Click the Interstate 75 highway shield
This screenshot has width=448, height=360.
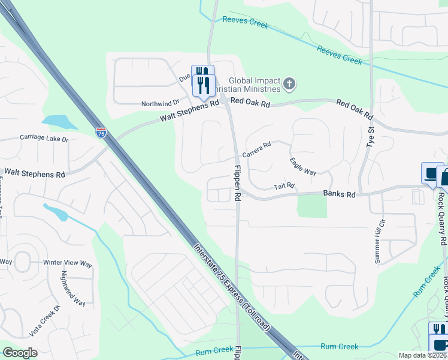click(x=101, y=133)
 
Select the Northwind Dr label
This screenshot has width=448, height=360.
click(x=160, y=104)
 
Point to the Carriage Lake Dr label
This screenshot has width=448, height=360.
click(x=44, y=139)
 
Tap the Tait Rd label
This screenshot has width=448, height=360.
click(x=284, y=186)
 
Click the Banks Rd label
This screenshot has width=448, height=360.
click(x=339, y=194)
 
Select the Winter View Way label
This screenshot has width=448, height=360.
click(x=68, y=263)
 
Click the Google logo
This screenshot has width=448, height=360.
click(x=20, y=352)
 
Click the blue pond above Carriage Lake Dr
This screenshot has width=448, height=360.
click(x=57, y=122)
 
